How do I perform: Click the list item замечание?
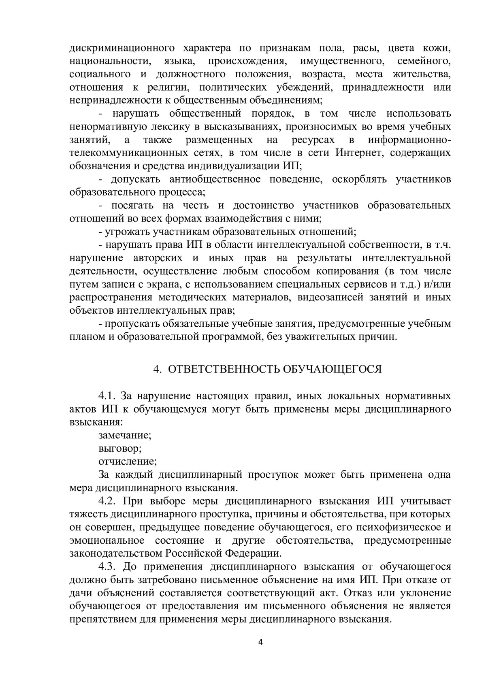tap(125, 436)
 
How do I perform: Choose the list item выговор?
tap(120, 449)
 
